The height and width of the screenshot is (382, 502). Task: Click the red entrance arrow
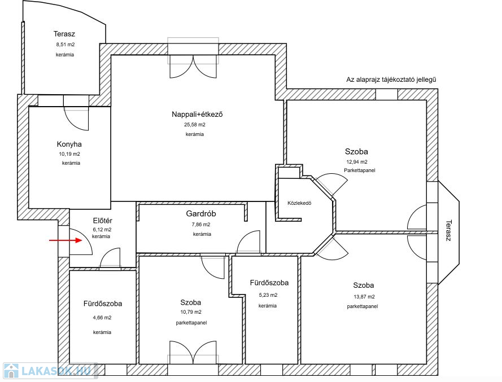point(66,240)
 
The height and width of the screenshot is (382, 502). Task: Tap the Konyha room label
point(69,144)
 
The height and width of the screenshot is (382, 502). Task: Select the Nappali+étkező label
point(197,114)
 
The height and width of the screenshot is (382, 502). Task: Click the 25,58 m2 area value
point(195,125)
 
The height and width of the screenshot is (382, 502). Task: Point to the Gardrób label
point(201,213)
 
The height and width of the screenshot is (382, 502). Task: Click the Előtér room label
point(102,221)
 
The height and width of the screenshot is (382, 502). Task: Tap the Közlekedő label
point(299,203)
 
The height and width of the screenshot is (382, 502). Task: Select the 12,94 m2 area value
point(357,162)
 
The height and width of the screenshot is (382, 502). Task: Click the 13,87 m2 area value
point(364,297)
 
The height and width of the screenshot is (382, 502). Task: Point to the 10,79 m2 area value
point(191,312)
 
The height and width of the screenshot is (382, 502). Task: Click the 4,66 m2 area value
point(102,318)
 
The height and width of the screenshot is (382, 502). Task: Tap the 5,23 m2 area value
point(268,295)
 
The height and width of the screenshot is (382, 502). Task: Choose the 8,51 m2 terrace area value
point(66,45)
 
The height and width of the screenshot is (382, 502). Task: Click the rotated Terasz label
point(448,230)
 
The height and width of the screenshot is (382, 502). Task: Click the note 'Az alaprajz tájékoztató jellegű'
point(391,80)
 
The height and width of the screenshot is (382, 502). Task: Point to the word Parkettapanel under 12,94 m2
point(360,170)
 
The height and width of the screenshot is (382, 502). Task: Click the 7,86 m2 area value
point(201,225)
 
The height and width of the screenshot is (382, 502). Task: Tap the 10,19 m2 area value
point(69,154)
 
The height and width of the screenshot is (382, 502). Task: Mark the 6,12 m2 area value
point(102,230)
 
